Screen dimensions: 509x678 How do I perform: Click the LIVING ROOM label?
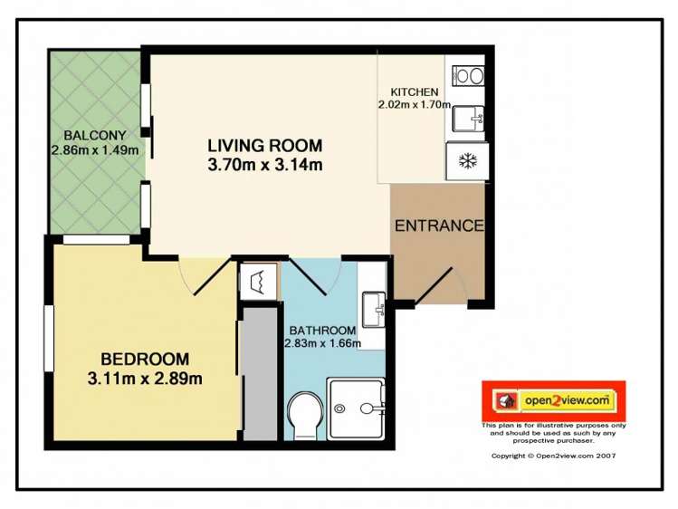264,145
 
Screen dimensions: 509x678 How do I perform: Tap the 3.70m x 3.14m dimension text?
264,165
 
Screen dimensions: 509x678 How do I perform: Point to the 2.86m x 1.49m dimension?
95,150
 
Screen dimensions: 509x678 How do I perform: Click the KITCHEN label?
415,92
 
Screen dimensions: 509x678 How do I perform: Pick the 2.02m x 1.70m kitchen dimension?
414,105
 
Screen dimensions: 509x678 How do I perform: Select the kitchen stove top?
468,75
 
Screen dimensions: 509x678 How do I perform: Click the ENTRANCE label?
439,226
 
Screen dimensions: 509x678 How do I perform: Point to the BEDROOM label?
145,359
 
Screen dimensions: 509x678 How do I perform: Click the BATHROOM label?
321,331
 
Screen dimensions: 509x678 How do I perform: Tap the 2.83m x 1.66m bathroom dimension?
322,343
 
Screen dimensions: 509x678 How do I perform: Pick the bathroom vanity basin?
373,309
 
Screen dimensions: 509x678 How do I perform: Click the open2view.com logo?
553,399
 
